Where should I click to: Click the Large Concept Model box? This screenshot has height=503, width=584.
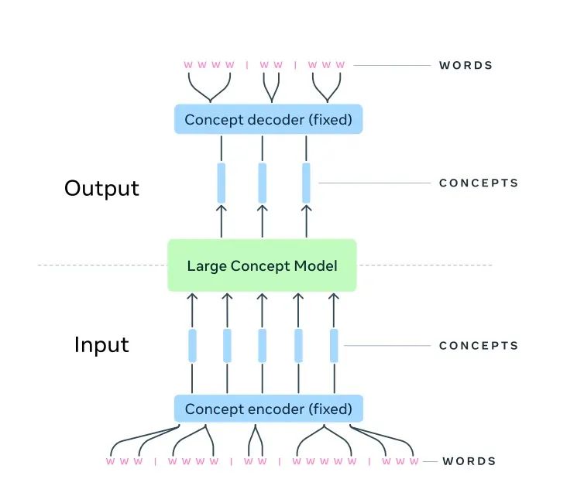coord(262,265)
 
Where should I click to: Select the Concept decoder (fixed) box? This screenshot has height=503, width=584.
coord(268,119)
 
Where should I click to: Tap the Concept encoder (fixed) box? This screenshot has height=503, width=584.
coord(268,408)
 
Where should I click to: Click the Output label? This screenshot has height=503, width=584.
coord(101,188)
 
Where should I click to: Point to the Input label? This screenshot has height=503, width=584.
coord(101,344)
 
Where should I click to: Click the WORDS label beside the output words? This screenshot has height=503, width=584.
coord(465,65)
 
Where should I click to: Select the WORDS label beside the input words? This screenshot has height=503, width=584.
coord(469,461)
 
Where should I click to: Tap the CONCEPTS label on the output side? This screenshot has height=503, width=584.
coord(478,183)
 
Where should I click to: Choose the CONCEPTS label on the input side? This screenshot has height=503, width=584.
coord(478,346)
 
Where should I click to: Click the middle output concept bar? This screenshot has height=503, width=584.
coord(262,183)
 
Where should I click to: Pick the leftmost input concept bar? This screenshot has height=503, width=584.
coord(192,346)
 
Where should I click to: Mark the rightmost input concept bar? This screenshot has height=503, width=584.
coord(334,346)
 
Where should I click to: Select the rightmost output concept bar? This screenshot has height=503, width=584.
coord(306,183)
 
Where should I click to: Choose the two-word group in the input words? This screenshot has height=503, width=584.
coord(254,462)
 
